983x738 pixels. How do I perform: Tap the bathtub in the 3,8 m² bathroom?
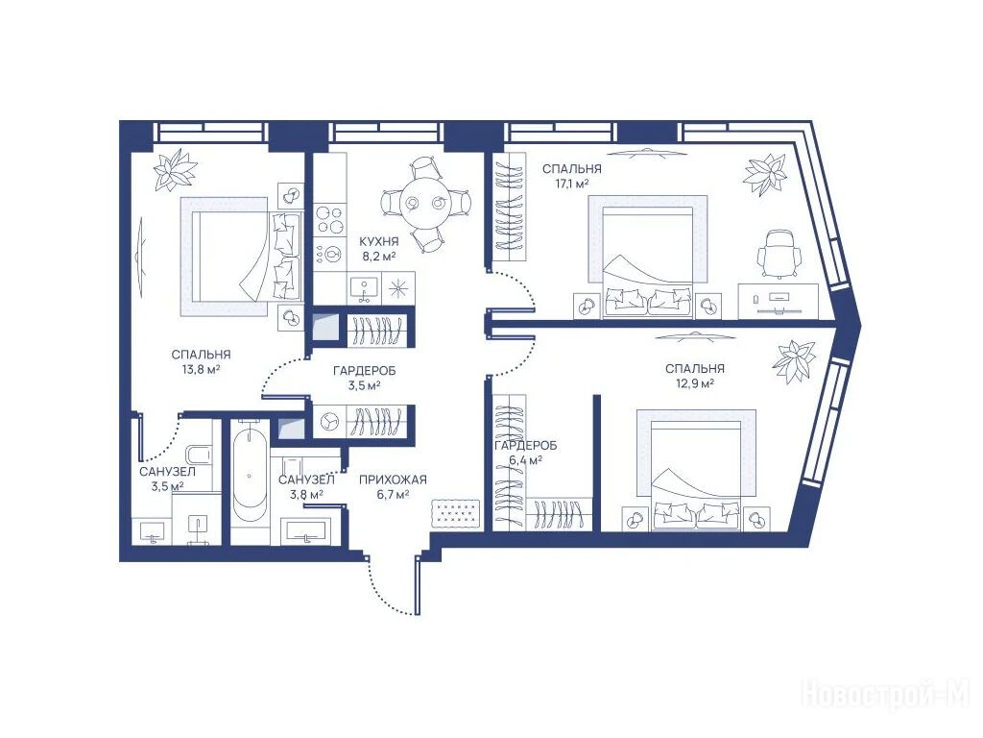(251, 472)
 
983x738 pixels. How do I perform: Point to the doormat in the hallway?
(456, 515)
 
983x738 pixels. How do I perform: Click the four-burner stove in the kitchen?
(330, 220)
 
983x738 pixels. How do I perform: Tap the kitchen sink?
(364, 288)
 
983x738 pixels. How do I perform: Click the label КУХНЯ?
(378, 241)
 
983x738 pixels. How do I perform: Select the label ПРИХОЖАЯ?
(393, 480)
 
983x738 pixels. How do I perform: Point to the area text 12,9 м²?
(695, 382)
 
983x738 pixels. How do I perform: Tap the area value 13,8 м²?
(201, 369)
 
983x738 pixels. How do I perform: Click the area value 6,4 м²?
(525, 460)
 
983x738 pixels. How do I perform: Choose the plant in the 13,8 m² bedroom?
(177, 169)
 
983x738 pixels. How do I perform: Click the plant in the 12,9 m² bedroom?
(794, 362)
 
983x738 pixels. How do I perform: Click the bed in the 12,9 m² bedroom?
(697, 469)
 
